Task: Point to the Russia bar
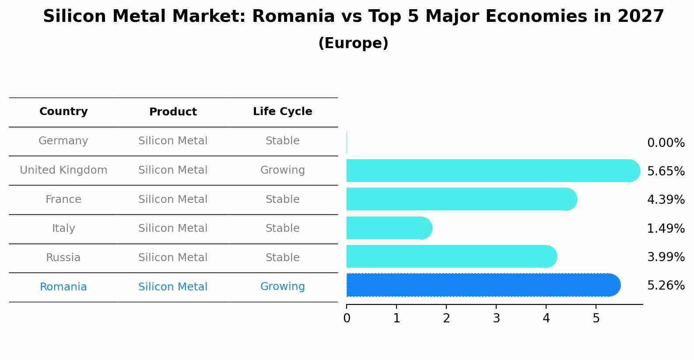451,257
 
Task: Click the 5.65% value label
666,171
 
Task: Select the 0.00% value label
666,143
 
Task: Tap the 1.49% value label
666,228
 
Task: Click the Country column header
63,112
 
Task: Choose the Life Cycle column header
282,112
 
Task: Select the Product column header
173,112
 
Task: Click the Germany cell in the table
63,141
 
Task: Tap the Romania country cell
63,287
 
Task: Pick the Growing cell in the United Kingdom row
282,170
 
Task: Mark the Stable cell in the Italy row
282,228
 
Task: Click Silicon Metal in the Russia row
173,258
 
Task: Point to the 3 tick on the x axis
496,318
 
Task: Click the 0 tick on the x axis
347,318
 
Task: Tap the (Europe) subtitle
353,43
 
